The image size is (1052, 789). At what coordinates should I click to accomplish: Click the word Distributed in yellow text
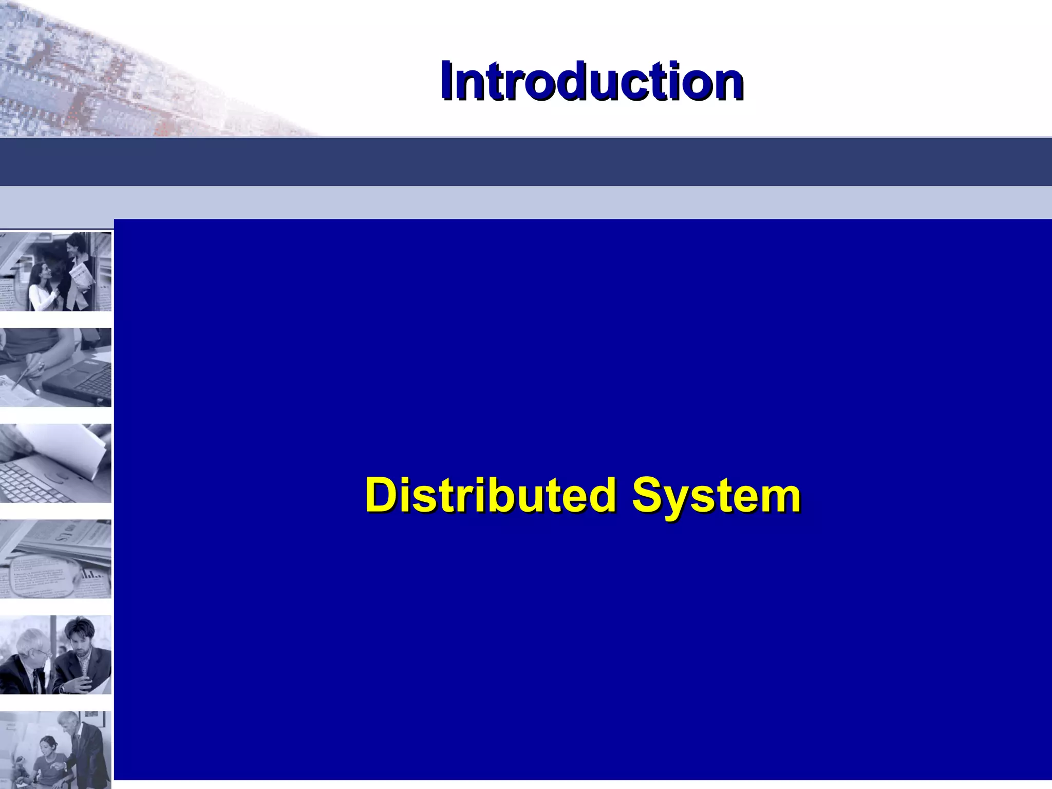(491, 495)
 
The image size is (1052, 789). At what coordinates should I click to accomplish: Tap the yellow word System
(716, 495)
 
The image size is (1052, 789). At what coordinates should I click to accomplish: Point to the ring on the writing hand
(41, 366)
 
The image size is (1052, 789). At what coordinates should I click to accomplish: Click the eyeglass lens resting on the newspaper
(41, 575)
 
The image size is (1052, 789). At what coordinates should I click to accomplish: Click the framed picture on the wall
(92, 719)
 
